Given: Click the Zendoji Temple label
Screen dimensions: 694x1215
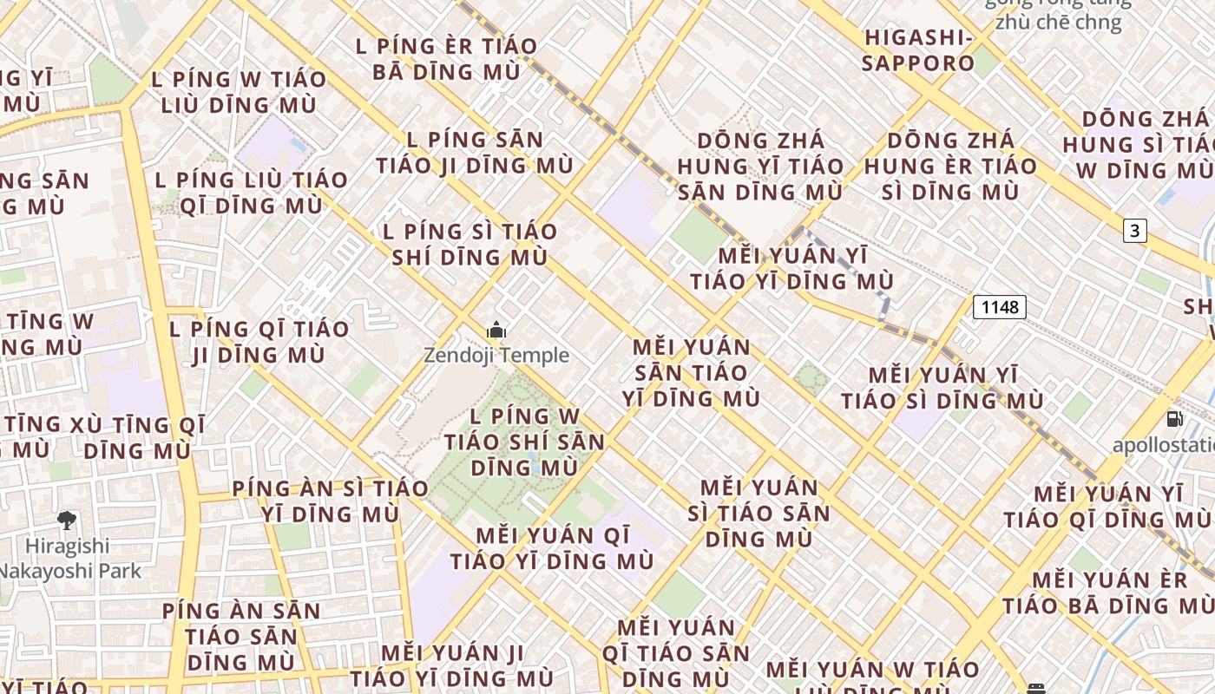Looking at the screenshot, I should pos(496,355).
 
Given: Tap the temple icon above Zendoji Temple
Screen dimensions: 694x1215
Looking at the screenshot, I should pos(496,330).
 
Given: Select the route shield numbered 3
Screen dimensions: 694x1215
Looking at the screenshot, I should pos(1134,230).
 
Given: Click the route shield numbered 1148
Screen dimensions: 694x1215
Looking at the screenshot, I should pos(1000,306).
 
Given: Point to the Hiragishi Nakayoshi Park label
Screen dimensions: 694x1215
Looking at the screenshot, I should pos(69,558).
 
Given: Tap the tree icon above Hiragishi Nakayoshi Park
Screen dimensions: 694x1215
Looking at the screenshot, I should pos(67,520).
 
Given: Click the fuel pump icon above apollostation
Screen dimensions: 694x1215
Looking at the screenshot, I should pos(1174,419).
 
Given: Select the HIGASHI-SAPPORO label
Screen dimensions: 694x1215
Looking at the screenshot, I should pos(918,50).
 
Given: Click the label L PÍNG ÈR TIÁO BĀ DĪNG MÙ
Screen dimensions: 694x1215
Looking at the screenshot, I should pos(447,58).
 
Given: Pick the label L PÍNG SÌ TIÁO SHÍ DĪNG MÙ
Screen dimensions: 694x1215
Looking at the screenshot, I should pos(470,244).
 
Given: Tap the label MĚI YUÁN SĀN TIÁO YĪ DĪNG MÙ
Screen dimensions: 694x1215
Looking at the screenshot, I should pos(691,372).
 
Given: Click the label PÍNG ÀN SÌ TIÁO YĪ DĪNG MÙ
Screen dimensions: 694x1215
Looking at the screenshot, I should pos(330,501).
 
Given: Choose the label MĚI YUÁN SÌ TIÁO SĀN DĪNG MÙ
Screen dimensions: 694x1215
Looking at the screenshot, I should pos(759,513).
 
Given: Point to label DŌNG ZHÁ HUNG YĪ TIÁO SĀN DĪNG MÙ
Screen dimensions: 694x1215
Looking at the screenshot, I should pos(760,166).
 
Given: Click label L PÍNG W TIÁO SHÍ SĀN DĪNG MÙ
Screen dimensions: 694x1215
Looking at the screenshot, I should pos(523,442).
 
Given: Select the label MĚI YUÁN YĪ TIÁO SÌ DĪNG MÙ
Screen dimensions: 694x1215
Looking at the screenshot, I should pos(942,388).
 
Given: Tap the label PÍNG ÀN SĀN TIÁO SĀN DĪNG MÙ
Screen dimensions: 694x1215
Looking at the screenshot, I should pos(241,636).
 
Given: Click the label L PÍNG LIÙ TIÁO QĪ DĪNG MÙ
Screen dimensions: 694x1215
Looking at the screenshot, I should pos(252,193).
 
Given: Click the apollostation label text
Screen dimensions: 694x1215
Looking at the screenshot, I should pos(1164,446).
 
